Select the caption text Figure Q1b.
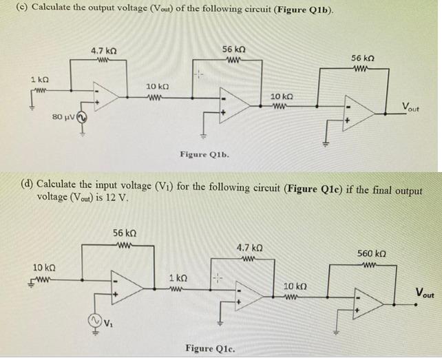(204, 154)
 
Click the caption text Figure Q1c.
(209, 348)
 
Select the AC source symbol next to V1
(92, 320)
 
